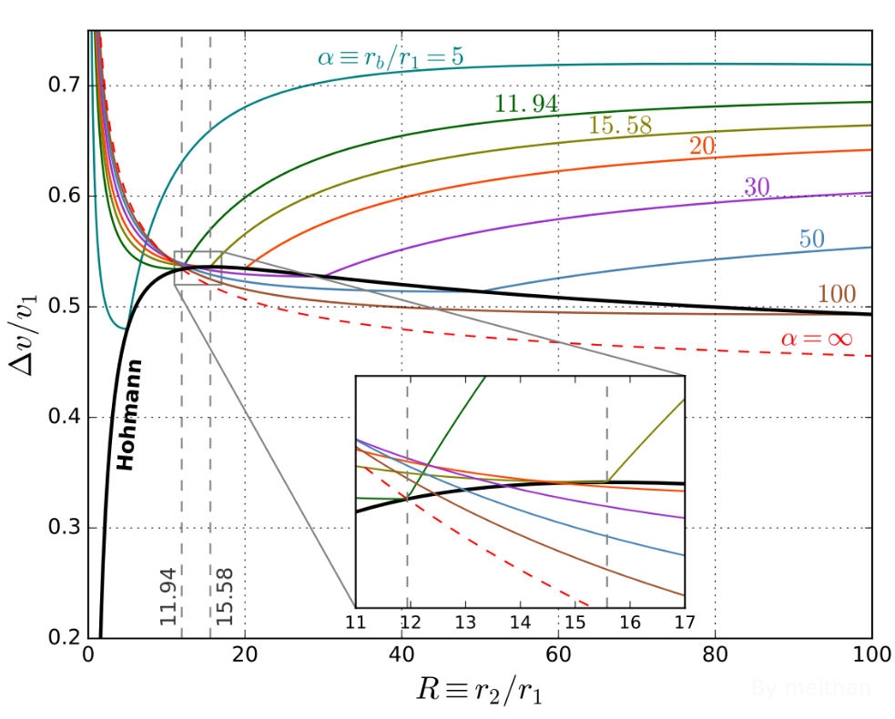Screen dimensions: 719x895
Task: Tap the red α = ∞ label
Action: click(x=816, y=339)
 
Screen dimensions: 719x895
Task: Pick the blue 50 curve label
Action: click(x=811, y=239)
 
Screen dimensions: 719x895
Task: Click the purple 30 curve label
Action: click(x=757, y=187)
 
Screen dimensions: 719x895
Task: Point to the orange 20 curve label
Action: click(x=701, y=146)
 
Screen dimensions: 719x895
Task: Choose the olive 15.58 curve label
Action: click(x=620, y=127)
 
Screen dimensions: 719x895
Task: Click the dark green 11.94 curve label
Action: click(x=526, y=103)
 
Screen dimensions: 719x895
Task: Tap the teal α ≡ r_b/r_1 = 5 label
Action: click(x=391, y=57)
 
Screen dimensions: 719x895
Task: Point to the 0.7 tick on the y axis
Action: click(x=61, y=86)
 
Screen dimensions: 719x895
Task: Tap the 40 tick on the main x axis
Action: click(x=402, y=654)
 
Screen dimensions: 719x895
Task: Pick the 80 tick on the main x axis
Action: click(x=715, y=654)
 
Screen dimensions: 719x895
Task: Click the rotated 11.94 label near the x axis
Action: click(x=168, y=595)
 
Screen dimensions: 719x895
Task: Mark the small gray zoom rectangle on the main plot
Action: click(x=198, y=268)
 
